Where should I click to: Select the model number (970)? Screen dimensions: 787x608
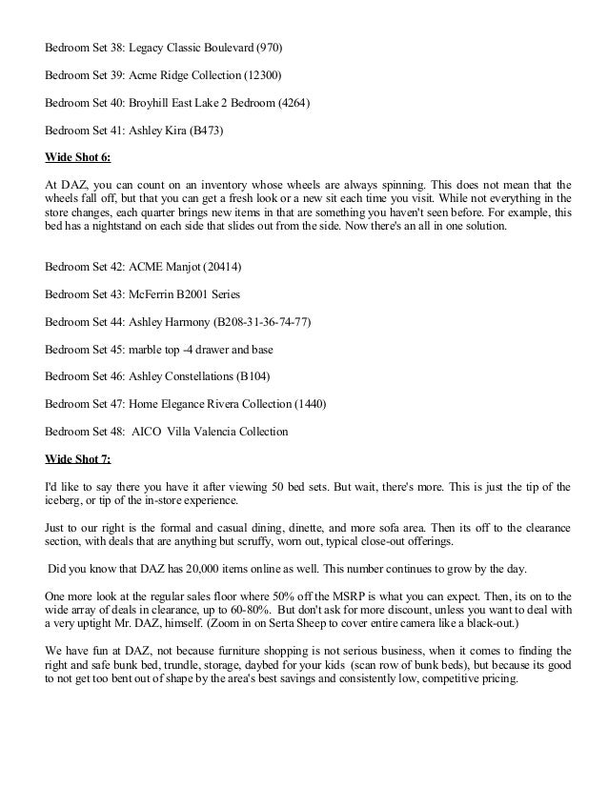[268, 46]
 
